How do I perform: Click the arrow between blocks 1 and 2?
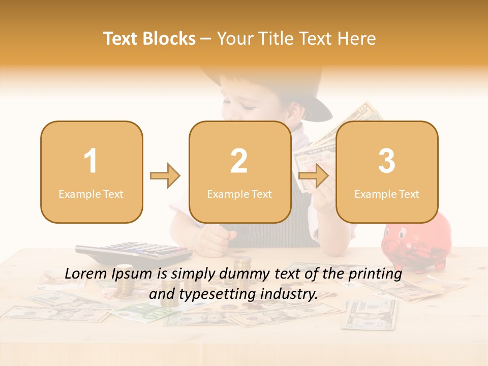[165, 176]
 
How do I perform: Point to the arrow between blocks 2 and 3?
[313, 176]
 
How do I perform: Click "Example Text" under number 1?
[91, 194]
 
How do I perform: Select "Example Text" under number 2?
[239, 194]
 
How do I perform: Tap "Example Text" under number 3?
[387, 194]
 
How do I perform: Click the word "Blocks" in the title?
[169, 39]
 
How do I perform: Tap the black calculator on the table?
[134, 251]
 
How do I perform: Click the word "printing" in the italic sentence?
[377, 274]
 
